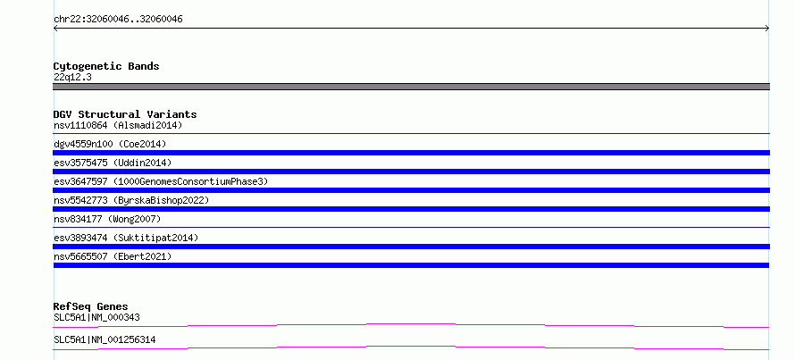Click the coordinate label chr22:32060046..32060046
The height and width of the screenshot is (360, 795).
118,20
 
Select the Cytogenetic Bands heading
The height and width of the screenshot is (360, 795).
106,66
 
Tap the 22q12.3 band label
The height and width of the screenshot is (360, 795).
72,78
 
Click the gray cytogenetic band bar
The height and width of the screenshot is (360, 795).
411,87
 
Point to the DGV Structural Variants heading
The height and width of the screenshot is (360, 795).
125,114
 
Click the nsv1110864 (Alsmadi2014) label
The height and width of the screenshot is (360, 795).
118,125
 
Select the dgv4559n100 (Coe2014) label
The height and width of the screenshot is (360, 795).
110,144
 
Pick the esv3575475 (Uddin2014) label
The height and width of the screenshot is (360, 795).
113,163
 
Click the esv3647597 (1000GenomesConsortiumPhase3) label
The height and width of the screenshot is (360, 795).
161,181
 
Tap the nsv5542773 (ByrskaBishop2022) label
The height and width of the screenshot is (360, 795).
131,200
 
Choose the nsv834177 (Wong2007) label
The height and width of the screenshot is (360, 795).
107,219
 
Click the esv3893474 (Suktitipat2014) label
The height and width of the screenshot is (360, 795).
126,238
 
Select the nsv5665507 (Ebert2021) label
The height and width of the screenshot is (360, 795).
113,256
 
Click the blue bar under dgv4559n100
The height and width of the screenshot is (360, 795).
411,153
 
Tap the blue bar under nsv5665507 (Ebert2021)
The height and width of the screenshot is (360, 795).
411,265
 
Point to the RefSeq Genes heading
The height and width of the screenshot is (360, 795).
91,306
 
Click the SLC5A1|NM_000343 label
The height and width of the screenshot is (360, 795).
96,318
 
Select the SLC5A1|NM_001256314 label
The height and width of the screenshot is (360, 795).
105,339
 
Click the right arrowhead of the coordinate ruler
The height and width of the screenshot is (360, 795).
768,29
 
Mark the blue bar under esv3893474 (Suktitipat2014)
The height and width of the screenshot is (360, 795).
411,247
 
